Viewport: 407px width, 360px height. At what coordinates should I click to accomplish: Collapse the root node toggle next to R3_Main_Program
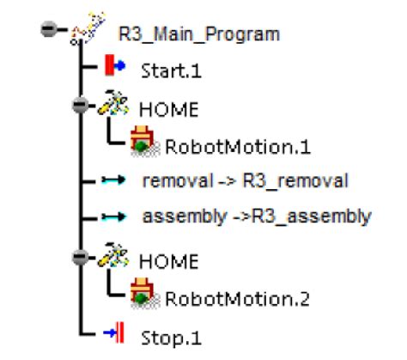[x=50, y=30]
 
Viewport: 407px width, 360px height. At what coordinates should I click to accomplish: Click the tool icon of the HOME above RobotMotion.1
[x=111, y=107]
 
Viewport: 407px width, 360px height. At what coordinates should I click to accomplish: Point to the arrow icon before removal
[x=112, y=180]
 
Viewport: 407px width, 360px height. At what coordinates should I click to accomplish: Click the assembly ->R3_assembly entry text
[x=256, y=217]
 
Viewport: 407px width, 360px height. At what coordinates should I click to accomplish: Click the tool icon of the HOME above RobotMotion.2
[x=111, y=255]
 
